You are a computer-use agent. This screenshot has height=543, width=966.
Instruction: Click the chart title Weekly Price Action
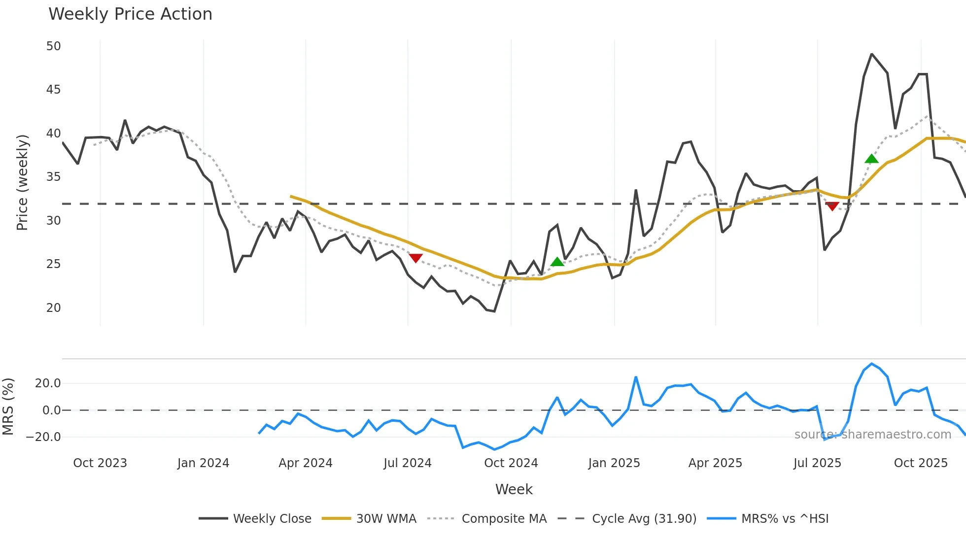pyautogui.click(x=130, y=14)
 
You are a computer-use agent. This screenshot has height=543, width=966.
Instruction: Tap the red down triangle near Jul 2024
pyautogui.click(x=416, y=258)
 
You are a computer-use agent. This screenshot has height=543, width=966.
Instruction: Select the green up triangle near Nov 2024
pyautogui.click(x=557, y=262)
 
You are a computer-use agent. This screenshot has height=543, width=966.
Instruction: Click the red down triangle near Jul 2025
pyautogui.click(x=832, y=206)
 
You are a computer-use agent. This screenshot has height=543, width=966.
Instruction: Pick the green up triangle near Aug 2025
pyautogui.click(x=871, y=159)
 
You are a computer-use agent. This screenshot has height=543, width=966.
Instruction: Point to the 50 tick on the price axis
pyautogui.click(x=53, y=46)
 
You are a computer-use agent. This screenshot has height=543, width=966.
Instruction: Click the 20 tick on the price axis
pyautogui.click(x=53, y=308)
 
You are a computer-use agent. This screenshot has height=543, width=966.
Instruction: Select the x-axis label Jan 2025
pyautogui.click(x=614, y=463)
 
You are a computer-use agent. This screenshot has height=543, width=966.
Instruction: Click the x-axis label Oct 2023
pyautogui.click(x=100, y=463)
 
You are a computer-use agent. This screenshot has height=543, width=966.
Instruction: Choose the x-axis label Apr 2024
pyautogui.click(x=306, y=463)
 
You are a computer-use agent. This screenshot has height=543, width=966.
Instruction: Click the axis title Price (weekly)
pyautogui.click(x=23, y=182)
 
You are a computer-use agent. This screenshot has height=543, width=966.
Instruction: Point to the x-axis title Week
pyautogui.click(x=514, y=489)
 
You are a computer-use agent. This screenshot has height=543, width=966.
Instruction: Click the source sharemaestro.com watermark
pyautogui.click(x=872, y=435)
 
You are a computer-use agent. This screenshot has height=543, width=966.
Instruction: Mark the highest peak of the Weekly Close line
pyautogui.click(x=872, y=54)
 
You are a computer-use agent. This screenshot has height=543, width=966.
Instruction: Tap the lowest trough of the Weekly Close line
pyautogui.click(x=494, y=311)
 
